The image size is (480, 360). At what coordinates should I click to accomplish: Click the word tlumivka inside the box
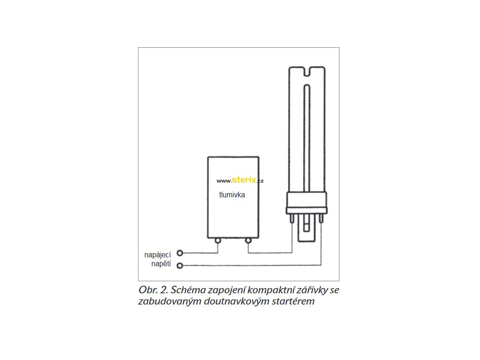click(x=232, y=195)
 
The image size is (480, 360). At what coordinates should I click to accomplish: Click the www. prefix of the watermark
click(x=224, y=181)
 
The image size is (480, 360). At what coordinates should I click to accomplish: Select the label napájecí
click(x=157, y=255)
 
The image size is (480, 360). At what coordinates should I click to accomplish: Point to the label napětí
click(x=161, y=264)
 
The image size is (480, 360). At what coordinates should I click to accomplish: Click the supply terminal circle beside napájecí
click(x=180, y=253)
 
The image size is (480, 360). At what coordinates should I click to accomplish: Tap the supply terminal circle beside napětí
click(x=180, y=266)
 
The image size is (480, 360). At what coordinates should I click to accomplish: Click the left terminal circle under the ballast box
click(x=218, y=241)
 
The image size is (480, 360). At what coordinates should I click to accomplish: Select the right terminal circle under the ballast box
click(x=248, y=241)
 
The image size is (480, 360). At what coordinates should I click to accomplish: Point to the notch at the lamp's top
click(x=307, y=72)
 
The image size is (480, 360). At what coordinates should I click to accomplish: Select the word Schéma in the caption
click(x=187, y=290)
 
